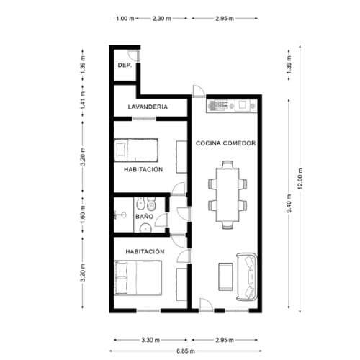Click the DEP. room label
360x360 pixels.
pyautogui.click(x=124, y=66)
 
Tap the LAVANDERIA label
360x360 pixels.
pyautogui.click(x=148, y=107)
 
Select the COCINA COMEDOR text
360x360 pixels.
pyautogui.click(x=226, y=143)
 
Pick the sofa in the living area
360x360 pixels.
pyautogui.click(x=249, y=276)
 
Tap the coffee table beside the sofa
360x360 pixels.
pyautogui.click(x=225, y=276)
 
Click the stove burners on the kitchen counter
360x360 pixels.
pyautogui.click(x=218, y=105)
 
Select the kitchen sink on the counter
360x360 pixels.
pyautogui.click(x=244, y=105)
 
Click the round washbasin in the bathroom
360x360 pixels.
pyautogui.click(x=146, y=227)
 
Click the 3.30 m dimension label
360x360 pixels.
pyautogui.click(x=150, y=338)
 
